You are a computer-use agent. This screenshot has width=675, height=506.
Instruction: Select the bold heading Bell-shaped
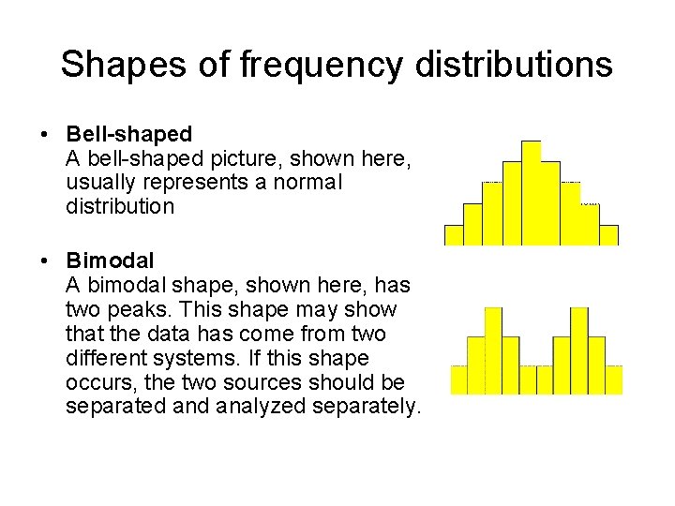coord(129,134)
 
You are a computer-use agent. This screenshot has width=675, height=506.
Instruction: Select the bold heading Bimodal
coord(111,260)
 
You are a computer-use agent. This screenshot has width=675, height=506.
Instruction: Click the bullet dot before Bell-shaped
coord(46,135)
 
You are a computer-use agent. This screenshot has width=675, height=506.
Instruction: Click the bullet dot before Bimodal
coord(46,260)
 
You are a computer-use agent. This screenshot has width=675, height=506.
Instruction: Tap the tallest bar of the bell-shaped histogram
coord(532,193)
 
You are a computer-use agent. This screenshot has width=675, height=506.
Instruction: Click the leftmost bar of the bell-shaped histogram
coord(454,235)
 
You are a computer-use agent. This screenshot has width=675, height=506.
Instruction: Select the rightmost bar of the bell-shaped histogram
coord(608,235)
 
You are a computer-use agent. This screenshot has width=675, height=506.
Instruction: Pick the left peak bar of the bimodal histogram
coord(493,350)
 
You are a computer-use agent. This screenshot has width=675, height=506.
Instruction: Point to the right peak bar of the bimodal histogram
coord(579,350)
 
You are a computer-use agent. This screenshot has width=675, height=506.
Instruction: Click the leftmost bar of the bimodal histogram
coord(458,379)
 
